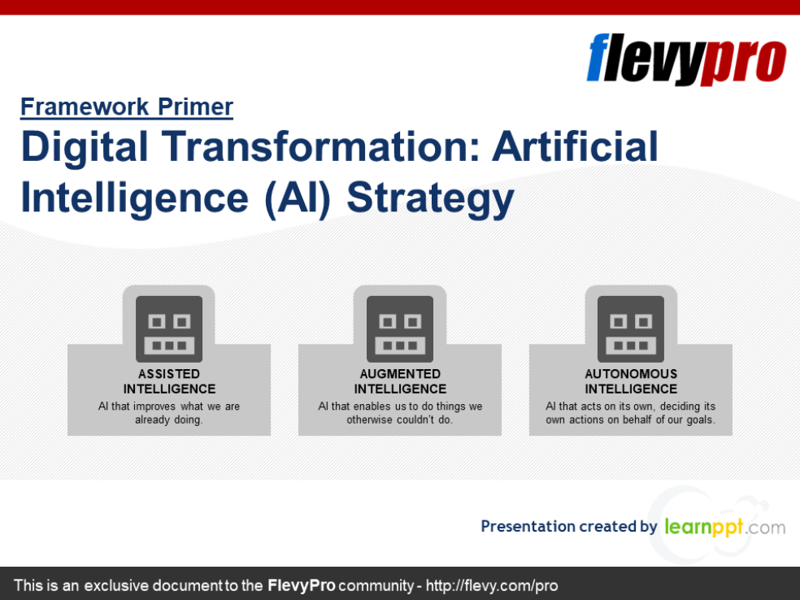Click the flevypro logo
tap(686, 59)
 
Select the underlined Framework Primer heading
tap(127, 107)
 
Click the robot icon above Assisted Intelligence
tap(169, 328)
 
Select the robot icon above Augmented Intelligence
tap(400, 328)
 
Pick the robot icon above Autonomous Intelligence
tap(631, 328)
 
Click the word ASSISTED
tap(169, 374)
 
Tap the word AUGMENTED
tap(400, 374)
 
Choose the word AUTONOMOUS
tap(631, 374)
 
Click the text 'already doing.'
tap(169, 420)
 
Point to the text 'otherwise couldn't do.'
tap(400, 420)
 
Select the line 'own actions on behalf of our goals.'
tap(631, 420)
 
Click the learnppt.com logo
tap(724, 527)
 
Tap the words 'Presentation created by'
tap(568, 526)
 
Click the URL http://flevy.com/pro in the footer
tap(492, 585)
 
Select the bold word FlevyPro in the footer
tap(301, 585)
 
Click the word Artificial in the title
tap(576, 147)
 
